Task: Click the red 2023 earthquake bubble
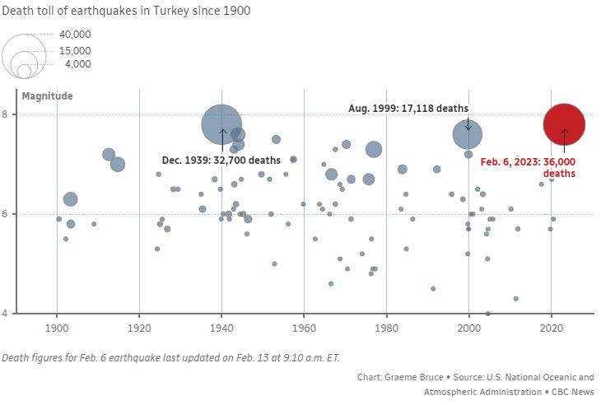coord(564,124)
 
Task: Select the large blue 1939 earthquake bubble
coord(221,124)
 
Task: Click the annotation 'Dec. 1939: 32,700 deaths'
coord(221,160)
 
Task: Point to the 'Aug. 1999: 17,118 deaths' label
coord(408,108)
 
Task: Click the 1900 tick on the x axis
coord(57,328)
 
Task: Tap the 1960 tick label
coord(304,328)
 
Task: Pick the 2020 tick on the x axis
coord(552,328)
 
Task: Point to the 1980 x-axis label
coord(386,328)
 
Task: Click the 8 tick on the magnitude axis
coord(6,114)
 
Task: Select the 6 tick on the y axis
coord(6,214)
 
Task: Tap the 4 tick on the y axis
coord(6,314)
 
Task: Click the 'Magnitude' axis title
coord(47,95)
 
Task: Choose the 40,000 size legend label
coord(75,35)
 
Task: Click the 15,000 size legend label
coord(75,50)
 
